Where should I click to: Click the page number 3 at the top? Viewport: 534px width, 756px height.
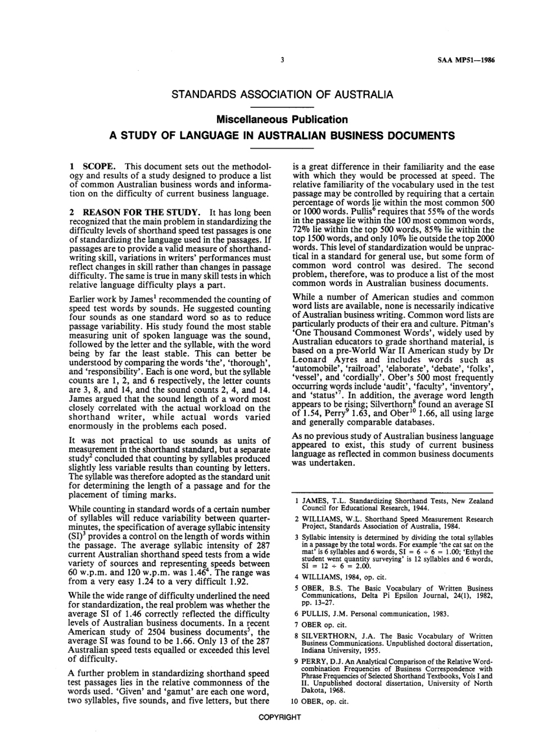(x=283, y=60)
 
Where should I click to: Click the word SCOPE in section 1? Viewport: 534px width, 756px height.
(x=99, y=167)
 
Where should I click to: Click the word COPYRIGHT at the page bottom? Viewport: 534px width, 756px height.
(x=279, y=717)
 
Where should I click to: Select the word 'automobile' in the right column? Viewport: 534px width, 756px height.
(x=316, y=370)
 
